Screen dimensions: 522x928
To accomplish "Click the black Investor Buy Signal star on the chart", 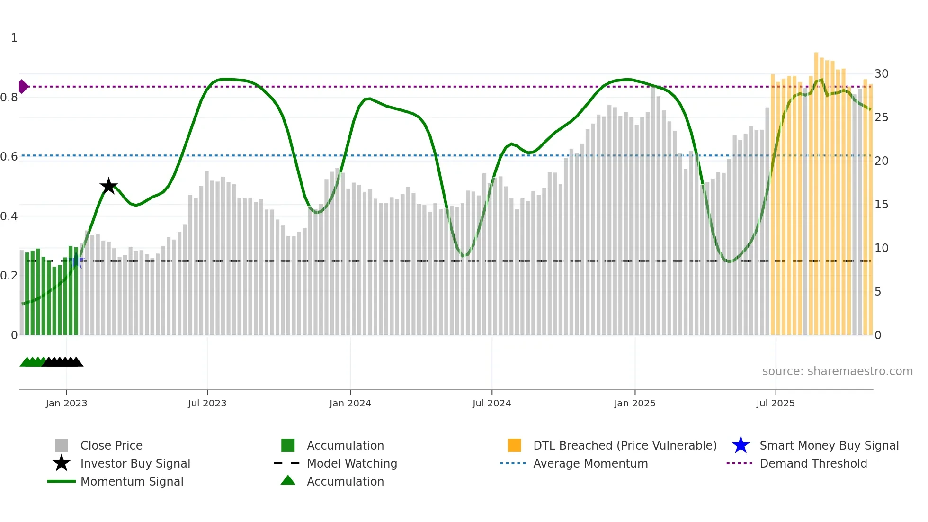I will (x=108, y=186).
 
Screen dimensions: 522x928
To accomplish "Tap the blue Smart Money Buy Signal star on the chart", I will (x=77, y=261).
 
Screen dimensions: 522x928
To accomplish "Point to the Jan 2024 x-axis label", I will (x=350, y=403).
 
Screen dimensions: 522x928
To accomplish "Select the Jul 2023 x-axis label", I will (x=207, y=403).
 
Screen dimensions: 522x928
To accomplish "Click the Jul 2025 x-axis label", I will (x=775, y=403).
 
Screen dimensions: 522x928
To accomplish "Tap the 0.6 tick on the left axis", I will (x=9, y=157).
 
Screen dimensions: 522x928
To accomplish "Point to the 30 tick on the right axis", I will (x=881, y=74).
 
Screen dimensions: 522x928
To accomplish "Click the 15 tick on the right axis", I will (x=881, y=205).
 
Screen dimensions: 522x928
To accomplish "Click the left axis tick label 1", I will (x=14, y=38).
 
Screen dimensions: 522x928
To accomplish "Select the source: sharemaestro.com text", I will (x=837, y=371).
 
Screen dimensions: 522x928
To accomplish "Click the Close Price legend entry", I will (x=111, y=445).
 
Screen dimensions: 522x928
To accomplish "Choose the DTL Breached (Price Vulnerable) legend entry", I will (x=625, y=445).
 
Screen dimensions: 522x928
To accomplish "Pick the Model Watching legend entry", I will (x=351, y=463).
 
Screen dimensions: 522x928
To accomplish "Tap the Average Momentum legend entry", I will (x=590, y=463).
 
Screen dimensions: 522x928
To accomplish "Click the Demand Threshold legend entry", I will (x=813, y=463).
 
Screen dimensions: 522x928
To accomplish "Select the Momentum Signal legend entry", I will (x=132, y=481).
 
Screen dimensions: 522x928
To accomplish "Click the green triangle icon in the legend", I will (x=288, y=480).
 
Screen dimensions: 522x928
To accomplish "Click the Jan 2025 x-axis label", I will (x=634, y=403).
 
